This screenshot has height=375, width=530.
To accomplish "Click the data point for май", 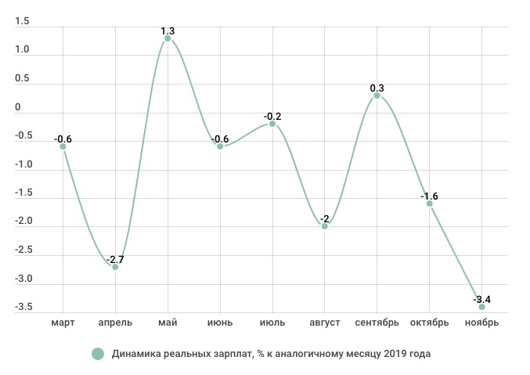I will tap(168, 38).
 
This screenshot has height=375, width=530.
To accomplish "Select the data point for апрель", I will tap(115, 267).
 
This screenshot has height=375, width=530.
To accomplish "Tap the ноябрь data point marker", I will tap(481, 307).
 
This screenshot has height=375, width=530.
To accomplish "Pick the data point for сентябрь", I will tap(377, 96).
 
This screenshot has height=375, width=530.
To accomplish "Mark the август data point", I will tap(325, 226).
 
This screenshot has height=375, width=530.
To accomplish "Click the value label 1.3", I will tap(168, 31).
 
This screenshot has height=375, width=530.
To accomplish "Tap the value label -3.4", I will tap(481, 300).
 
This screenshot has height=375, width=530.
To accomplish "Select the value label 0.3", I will tap(377, 88).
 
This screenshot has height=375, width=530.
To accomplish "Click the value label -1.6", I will tap(429, 197).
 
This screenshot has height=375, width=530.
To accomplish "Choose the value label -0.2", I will tap(272, 117).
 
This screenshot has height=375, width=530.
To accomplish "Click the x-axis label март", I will tap(63, 323).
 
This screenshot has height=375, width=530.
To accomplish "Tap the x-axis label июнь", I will tap(220, 323).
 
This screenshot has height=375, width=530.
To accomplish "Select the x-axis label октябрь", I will tap(429, 323).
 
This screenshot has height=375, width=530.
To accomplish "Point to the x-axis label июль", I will tap(272, 323).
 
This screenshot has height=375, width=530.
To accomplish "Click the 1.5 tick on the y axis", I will tap(22, 21).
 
